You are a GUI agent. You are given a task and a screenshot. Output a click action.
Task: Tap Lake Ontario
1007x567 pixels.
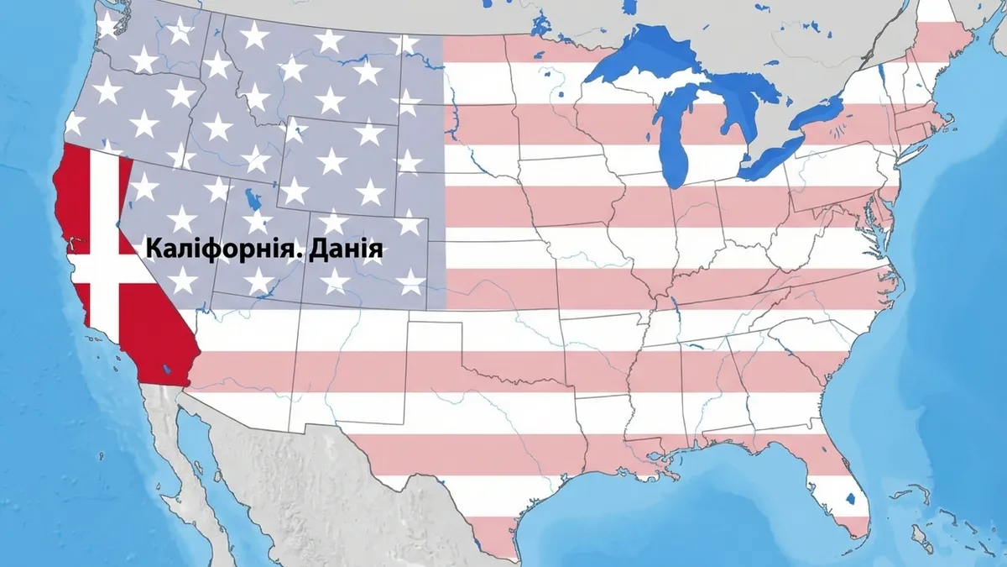tap(818, 113)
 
